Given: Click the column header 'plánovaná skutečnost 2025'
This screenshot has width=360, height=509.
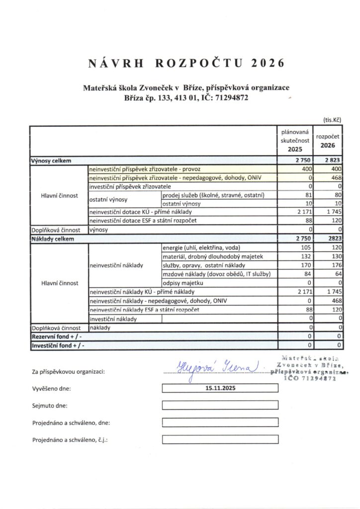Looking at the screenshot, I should pyautogui.click(x=295, y=141).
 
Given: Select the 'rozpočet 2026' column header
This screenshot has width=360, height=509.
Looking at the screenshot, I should pyautogui.click(x=328, y=141).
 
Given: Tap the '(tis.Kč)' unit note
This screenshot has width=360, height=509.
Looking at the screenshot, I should pyautogui.click(x=331, y=120).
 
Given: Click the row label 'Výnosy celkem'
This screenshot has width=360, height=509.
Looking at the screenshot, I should pyautogui.click(x=51, y=161).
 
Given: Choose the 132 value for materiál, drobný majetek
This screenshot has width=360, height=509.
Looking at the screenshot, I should pyautogui.click(x=305, y=256).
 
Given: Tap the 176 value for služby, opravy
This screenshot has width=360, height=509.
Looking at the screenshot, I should pyautogui.click(x=337, y=265).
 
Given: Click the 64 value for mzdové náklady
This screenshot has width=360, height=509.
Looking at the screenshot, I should pyautogui.click(x=338, y=274).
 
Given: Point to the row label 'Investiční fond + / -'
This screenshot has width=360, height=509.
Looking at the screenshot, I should pyautogui.click(x=57, y=345).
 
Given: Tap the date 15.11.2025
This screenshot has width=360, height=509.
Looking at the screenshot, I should pyautogui.click(x=220, y=389).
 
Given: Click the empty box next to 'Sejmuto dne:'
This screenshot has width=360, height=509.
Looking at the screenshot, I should pyautogui.click(x=220, y=406).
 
